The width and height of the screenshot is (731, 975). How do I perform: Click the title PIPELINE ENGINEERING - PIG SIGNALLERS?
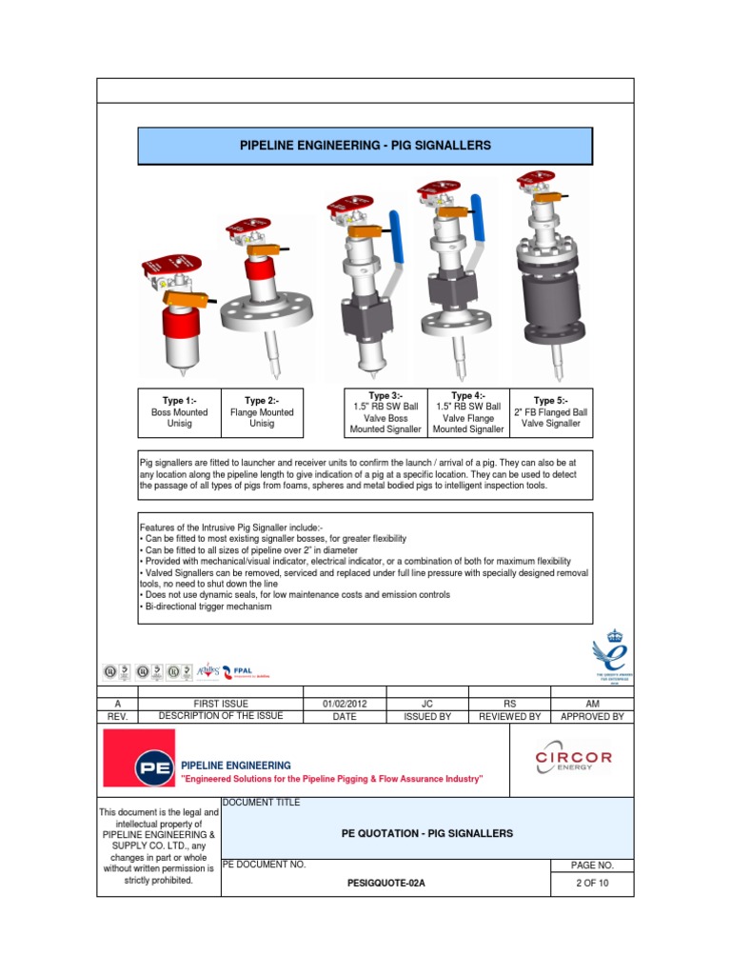coord(365,146)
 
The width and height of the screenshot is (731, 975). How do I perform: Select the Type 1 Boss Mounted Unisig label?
coord(179,412)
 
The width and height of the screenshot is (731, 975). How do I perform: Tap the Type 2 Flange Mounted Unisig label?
coord(261,412)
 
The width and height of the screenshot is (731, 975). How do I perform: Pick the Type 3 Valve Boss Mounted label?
coord(385,412)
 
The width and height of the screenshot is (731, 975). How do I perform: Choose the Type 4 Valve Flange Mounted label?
coord(467,412)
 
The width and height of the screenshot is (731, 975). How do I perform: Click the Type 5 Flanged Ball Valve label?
coord(550,412)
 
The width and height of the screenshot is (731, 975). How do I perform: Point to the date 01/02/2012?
coord(345,704)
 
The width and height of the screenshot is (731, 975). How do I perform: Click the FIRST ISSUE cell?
coord(220,704)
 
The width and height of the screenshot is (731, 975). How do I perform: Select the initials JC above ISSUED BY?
coord(426,704)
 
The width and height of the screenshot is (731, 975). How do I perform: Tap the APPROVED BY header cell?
coord(592,717)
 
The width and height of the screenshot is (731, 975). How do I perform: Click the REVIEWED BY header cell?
coord(509,717)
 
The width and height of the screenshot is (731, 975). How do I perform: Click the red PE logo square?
coord(139,758)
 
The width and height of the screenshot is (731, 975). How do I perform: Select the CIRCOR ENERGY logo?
coord(574,759)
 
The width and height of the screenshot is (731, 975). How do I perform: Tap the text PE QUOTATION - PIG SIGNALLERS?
coord(426,833)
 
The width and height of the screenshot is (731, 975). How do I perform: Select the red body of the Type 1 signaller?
coord(178,328)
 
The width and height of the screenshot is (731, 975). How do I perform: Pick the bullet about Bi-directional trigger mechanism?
coord(206,607)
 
